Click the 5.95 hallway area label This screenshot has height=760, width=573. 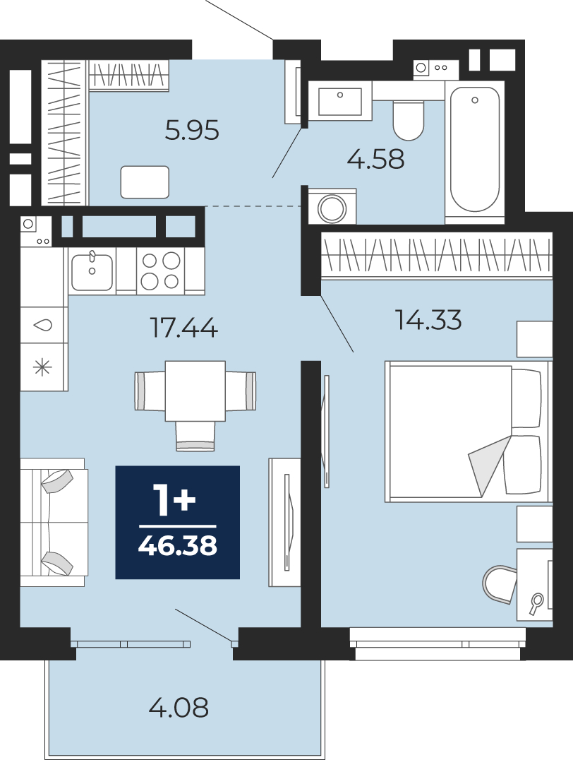(x=192, y=131)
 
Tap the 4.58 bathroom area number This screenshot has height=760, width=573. (x=376, y=159)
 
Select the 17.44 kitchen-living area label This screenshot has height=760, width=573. (x=184, y=328)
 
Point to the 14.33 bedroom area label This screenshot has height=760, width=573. (x=428, y=320)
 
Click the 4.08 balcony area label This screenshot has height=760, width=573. (x=179, y=707)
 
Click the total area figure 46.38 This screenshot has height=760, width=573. (x=177, y=546)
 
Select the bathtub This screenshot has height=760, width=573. (x=475, y=149)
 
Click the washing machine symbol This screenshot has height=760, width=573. (x=332, y=208)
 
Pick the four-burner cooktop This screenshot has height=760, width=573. (x=160, y=271)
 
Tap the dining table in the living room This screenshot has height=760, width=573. (x=195, y=391)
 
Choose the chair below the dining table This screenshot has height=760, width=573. (x=195, y=437)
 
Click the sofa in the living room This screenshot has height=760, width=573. (x=54, y=523)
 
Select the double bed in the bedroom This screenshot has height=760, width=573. (x=468, y=432)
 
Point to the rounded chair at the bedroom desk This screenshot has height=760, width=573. (x=500, y=584)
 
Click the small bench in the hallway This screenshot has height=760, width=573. (x=145, y=182)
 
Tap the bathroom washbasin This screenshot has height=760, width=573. (x=340, y=101)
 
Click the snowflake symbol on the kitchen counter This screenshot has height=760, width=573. (x=42, y=368)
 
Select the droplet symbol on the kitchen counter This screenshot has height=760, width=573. (x=42, y=325)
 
